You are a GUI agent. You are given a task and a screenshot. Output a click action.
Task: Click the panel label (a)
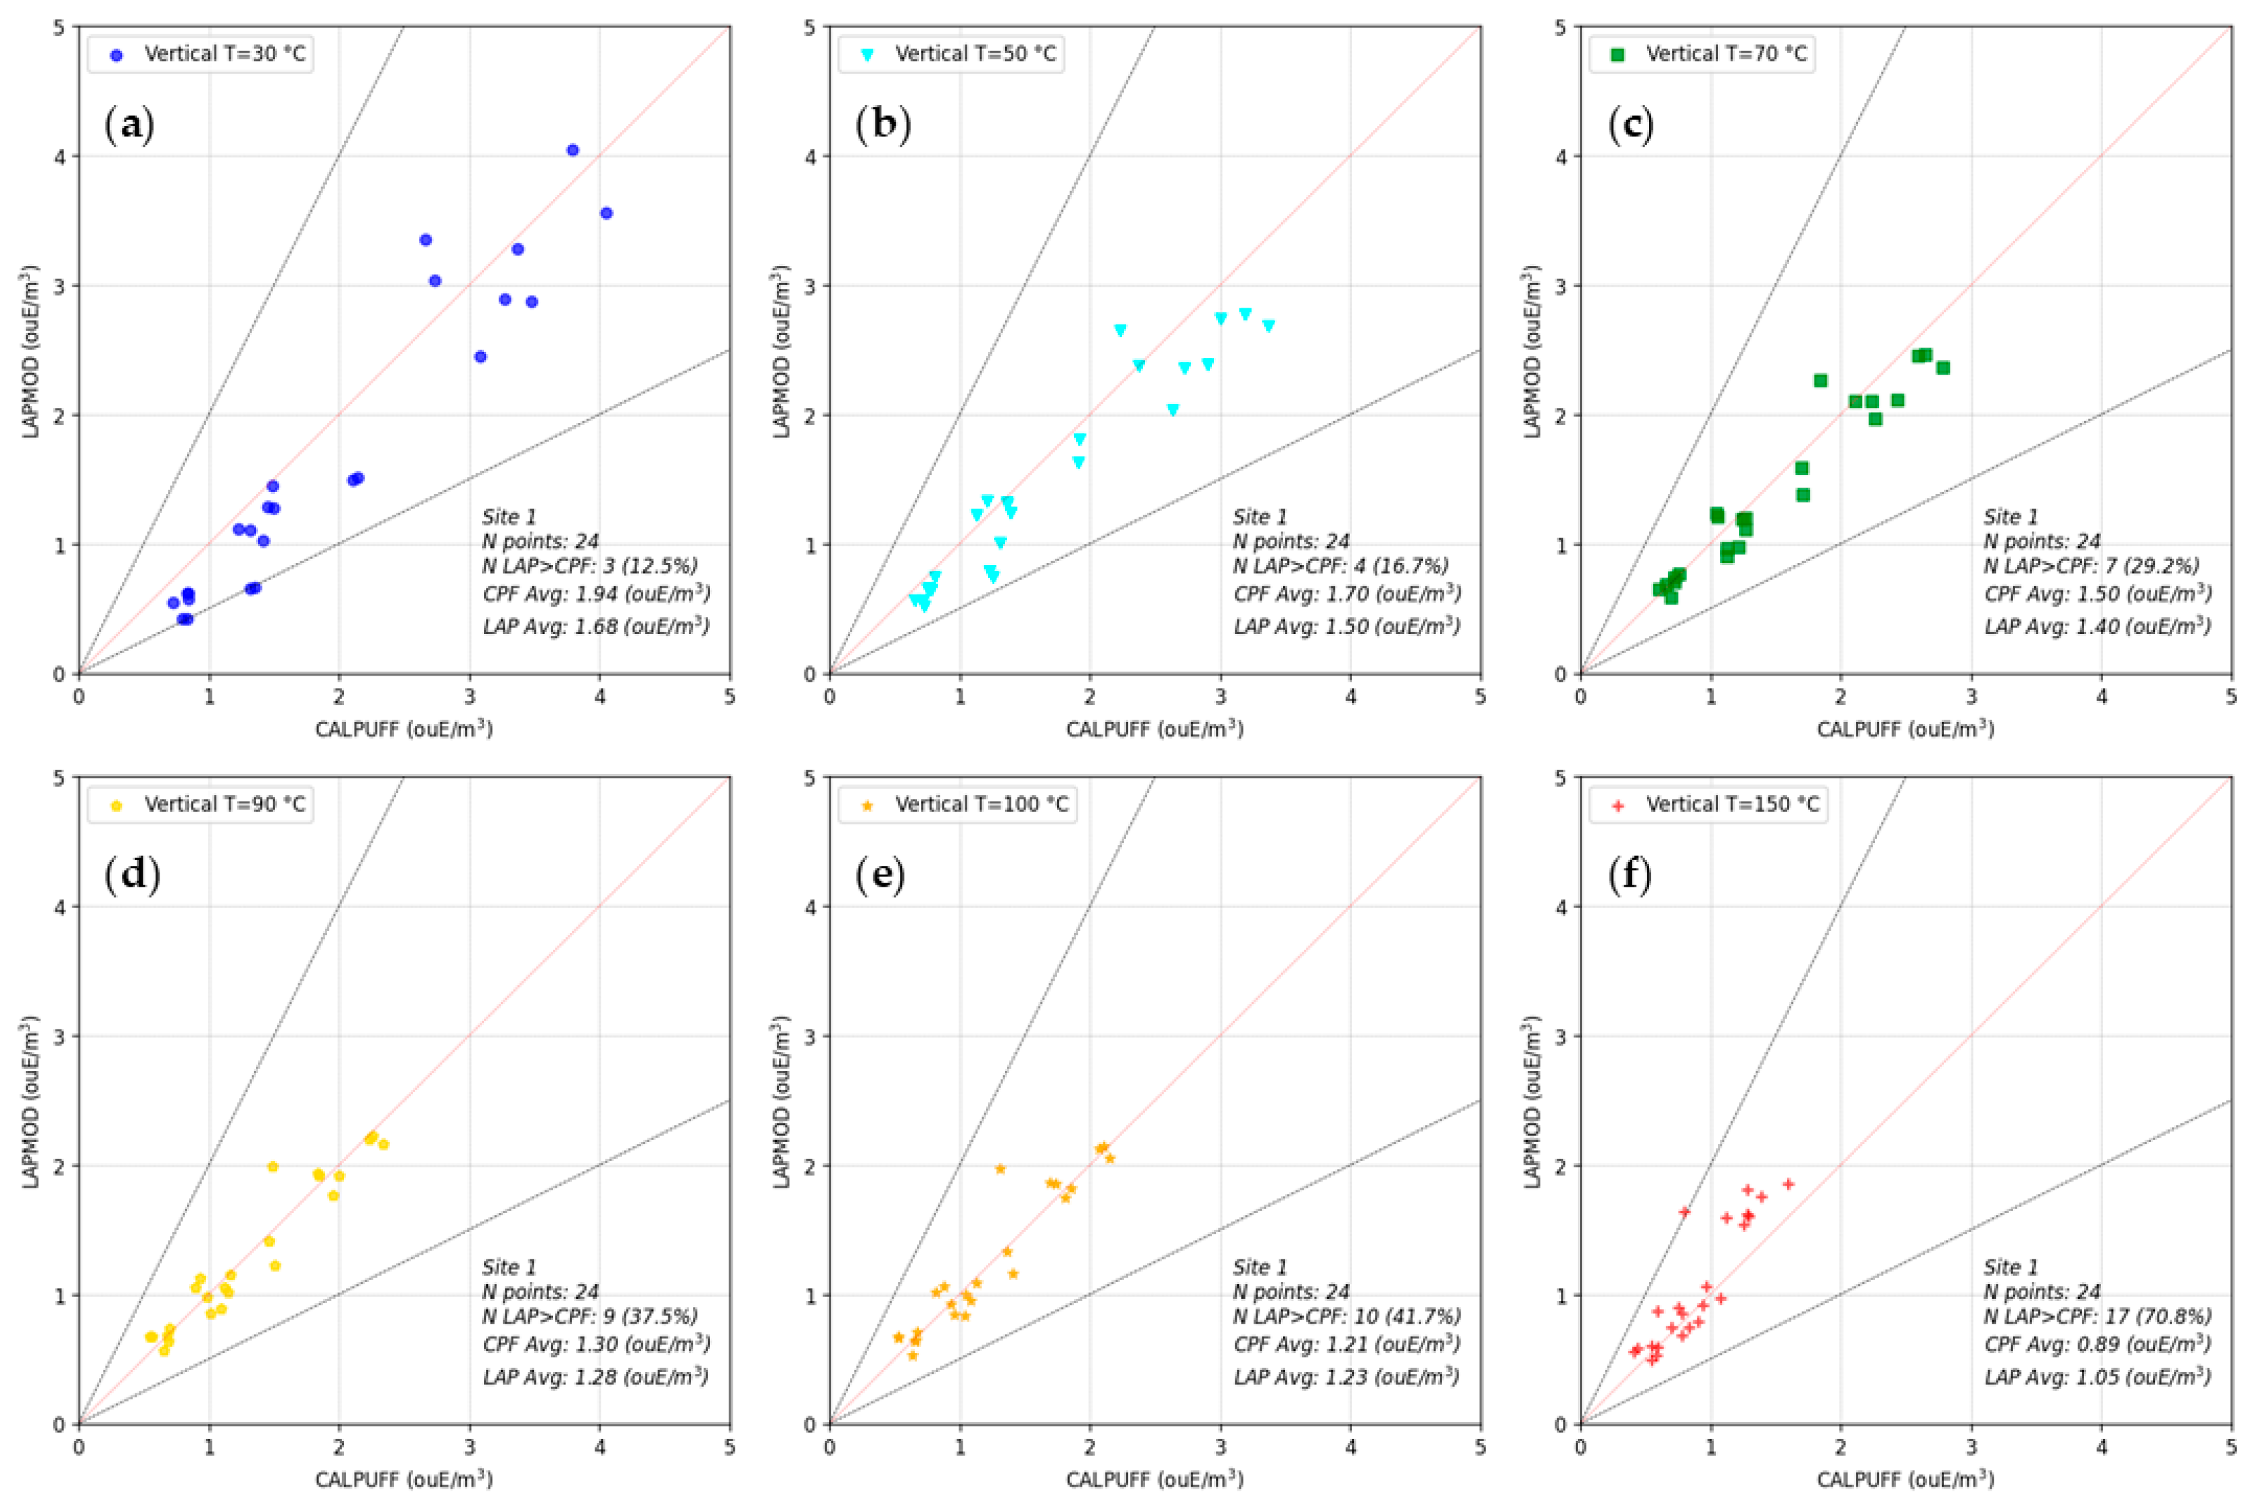click(x=129, y=125)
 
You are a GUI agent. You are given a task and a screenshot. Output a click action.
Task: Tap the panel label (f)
click(x=1630, y=876)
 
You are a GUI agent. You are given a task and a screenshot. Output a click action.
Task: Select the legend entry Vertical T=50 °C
click(x=975, y=54)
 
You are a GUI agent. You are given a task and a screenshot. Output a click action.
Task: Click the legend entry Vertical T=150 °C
click(x=1731, y=804)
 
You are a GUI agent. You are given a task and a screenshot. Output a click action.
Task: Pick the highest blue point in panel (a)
click(x=572, y=149)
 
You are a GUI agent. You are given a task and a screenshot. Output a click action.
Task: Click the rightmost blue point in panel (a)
click(x=606, y=213)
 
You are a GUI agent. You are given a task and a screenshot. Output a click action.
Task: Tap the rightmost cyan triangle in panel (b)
click(x=1268, y=326)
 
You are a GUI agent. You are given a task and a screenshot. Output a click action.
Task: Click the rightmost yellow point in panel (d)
click(x=383, y=1144)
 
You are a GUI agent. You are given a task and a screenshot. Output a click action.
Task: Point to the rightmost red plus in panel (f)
click(x=1788, y=1184)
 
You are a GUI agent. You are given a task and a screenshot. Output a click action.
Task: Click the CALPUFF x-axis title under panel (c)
click(x=1905, y=729)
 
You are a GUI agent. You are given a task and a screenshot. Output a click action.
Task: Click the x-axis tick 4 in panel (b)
click(x=1351, y=696)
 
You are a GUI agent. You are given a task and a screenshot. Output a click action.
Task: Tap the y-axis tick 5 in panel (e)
click(x=810, y=778)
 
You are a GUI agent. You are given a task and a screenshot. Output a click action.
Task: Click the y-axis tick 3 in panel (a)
click(x=60, y=286)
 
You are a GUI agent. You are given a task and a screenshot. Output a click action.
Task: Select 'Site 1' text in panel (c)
click(x=2010, y=517)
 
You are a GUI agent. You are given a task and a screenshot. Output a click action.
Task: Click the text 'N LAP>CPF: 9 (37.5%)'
click(x=589, y=1316)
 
